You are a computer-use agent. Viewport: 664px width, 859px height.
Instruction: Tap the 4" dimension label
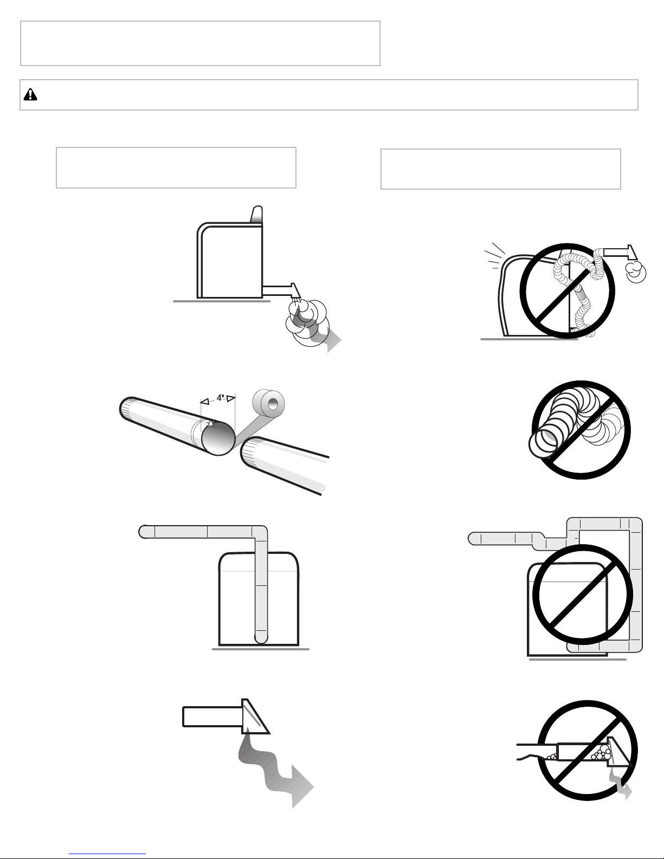221,397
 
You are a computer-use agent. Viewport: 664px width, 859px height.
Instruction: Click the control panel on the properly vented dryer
257,215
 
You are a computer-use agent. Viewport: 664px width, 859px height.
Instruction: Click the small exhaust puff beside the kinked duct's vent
636,272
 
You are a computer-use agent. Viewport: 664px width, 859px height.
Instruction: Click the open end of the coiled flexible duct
543,442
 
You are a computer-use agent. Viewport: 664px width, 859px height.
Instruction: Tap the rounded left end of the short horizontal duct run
144,532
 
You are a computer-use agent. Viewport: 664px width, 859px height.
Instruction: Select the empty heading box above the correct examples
176,167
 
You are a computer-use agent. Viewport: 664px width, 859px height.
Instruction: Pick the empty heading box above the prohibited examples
500,169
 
